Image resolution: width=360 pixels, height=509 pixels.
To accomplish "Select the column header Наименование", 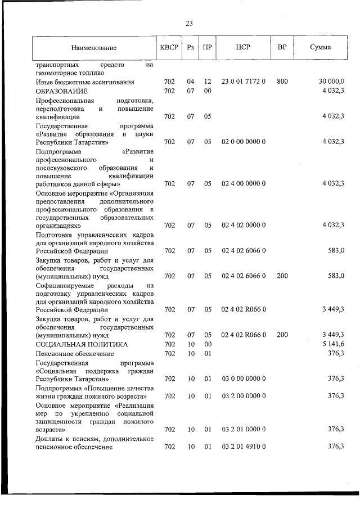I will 93,48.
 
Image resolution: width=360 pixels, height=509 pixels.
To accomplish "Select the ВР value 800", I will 282,82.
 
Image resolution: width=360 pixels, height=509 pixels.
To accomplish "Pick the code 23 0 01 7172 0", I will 243,82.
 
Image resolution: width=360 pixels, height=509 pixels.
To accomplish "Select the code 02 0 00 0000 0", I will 243,142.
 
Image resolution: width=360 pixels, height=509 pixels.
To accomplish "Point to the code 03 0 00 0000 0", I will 243,379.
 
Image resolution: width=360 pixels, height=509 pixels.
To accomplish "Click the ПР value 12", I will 207,82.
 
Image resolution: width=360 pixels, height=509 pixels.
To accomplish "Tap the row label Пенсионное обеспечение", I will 74,353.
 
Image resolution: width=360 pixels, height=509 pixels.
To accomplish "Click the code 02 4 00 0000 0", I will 243,183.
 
